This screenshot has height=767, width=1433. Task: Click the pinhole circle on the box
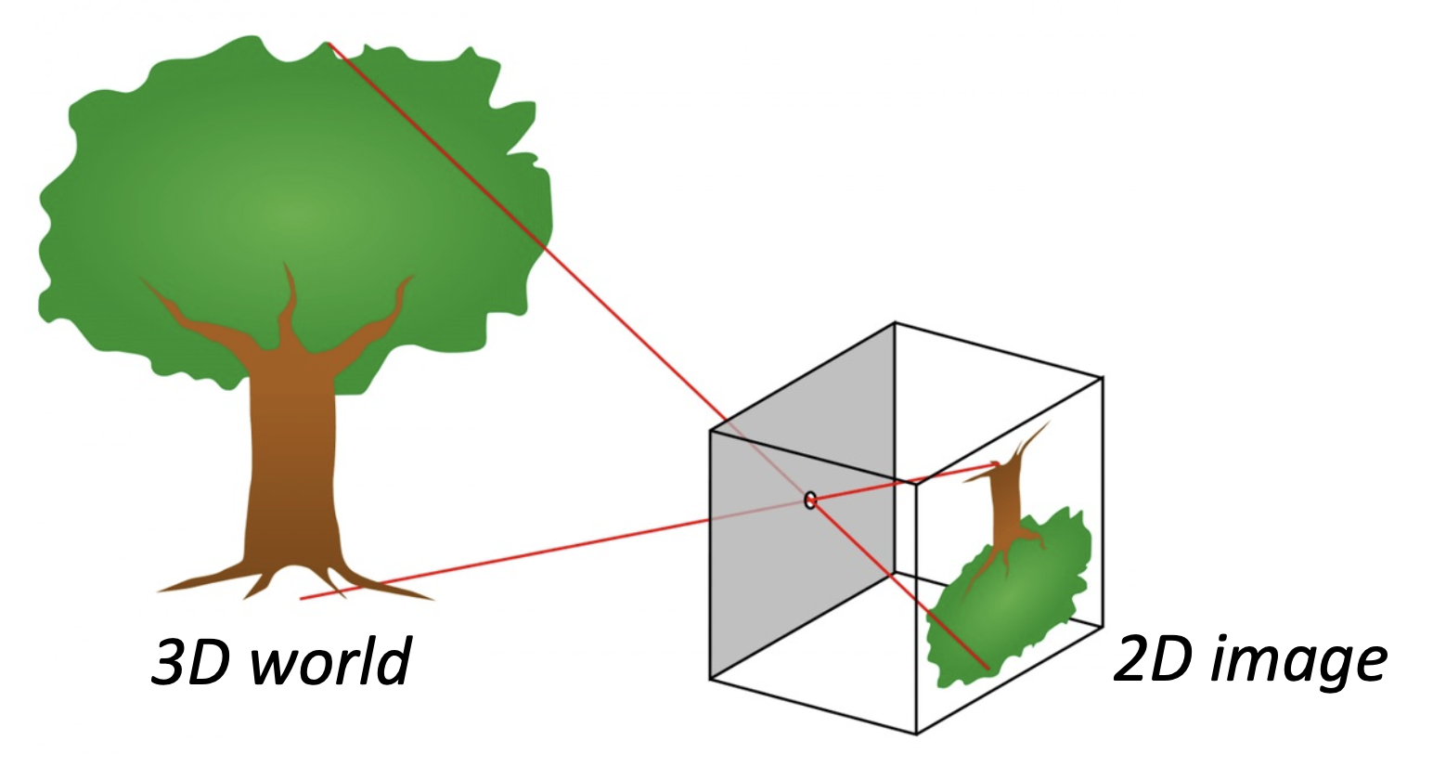coord(810,500)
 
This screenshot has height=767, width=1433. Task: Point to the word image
coord(1304,661)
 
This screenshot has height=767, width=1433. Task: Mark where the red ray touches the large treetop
coord(329,44)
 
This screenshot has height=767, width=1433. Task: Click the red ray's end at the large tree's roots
coord(302,599)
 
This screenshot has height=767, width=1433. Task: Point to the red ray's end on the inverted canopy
coord(988,668)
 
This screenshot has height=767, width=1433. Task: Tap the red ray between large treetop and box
coord(529,232)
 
